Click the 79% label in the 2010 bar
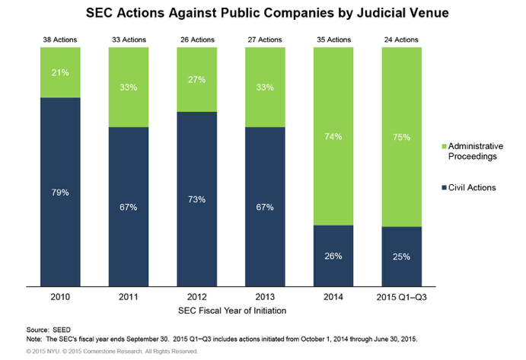tap(60, 192)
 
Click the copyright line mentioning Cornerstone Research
tap(111, 352)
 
